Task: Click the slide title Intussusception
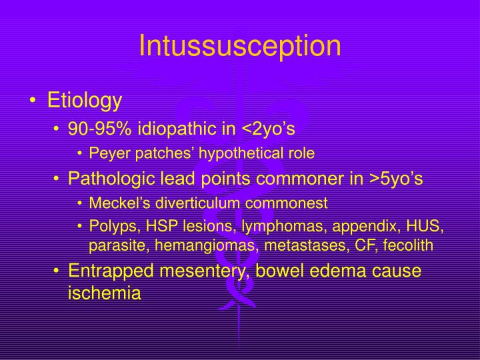click(x=239, y=45)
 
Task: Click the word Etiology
click(x=85, y=101)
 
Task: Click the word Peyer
click(x=105, y=153)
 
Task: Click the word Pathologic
click(x=107, y=179)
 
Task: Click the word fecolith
click(x=409, y=245)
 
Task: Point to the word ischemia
click(x=105, y=293)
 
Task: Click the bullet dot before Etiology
click(x=33, y=102)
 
